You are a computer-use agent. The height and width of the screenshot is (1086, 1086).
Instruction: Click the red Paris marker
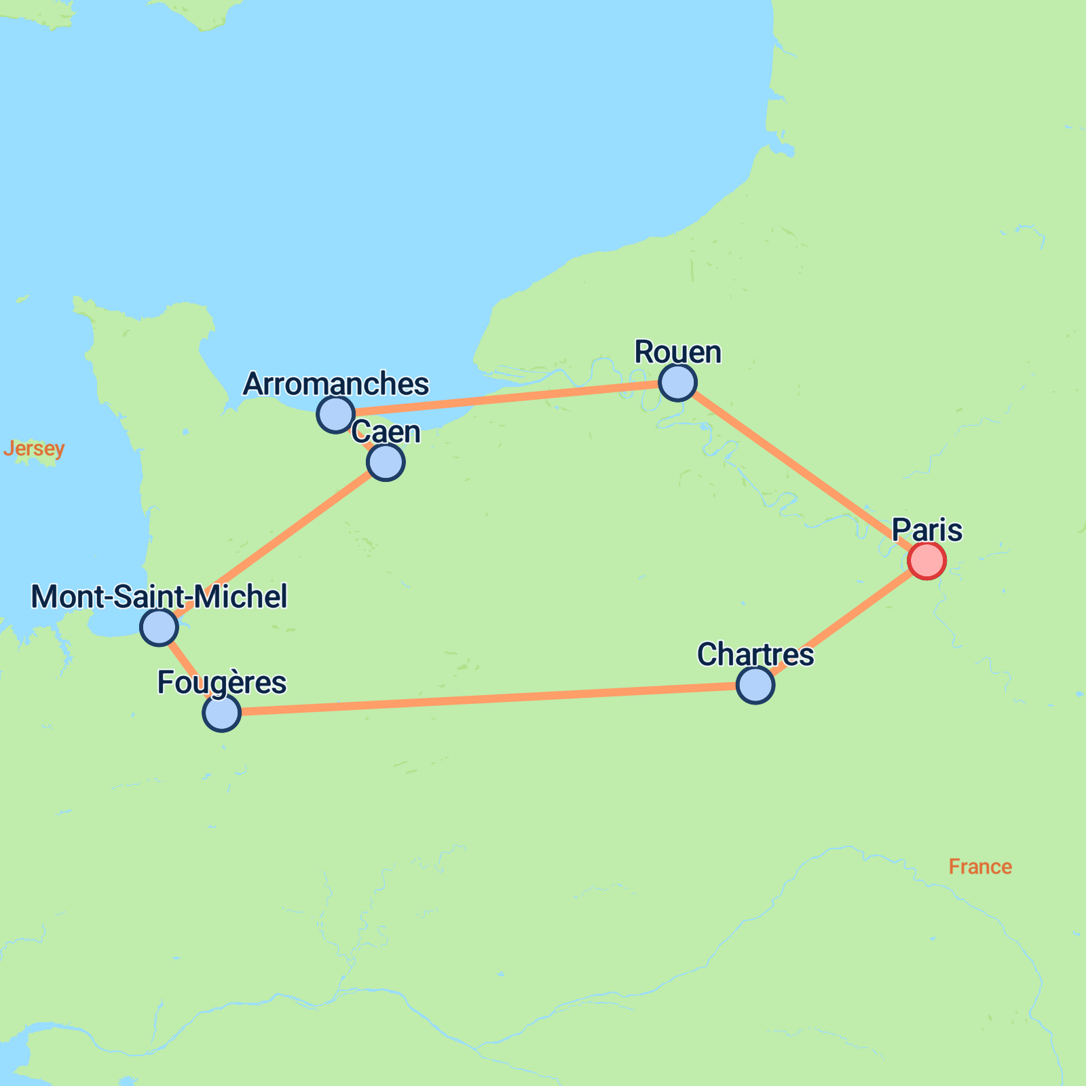tap(926, 561)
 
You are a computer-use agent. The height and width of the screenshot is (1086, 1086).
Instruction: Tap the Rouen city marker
tap(677, 382)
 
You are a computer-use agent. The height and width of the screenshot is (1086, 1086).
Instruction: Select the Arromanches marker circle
tap(335, 413)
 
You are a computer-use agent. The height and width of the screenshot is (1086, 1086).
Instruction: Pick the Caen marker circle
tap(386, 462)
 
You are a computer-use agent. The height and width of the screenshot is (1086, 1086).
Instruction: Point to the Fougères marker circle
tap(221, 713)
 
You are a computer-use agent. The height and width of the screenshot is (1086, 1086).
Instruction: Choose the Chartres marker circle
tap(755, 685)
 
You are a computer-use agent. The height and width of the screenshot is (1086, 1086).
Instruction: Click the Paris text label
tap(926, 530)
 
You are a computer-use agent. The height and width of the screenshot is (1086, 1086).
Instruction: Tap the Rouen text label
tap(677, 352)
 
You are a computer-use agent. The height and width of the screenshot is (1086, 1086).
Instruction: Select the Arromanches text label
tap(335, 384)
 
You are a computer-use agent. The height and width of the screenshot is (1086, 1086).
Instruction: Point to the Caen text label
tap(386, 432)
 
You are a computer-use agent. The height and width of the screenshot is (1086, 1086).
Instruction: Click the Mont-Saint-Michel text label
tap(159, 597)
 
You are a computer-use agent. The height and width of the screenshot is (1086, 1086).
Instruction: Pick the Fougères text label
tap(221, 683)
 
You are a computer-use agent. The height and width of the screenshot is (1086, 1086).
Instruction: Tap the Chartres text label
tap(755, 655)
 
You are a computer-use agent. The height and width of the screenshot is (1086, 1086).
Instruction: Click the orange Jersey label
tap(34, 449)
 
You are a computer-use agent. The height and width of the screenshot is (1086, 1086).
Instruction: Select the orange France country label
tap(979, 867)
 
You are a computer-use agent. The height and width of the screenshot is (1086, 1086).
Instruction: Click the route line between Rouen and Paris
tap(801, 471)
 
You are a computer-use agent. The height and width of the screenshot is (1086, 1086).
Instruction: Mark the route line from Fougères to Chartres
tap(489, 699)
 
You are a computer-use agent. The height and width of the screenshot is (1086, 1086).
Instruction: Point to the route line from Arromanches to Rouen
tap(506, 398)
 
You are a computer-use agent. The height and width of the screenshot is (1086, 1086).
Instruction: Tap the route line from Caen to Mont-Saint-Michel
tap(271, 544)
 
